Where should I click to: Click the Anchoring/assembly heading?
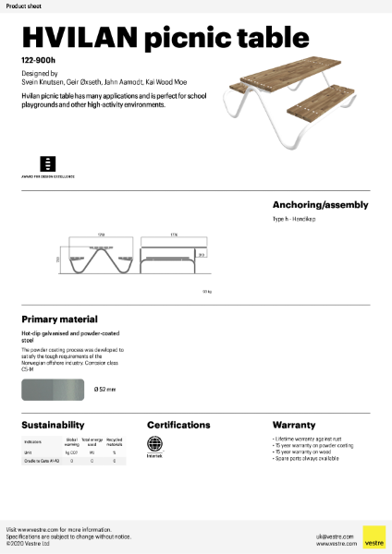pos(320,205)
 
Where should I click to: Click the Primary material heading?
pos(59,319)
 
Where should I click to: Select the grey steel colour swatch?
pos(53,390)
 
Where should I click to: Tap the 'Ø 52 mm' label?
pos(105,390)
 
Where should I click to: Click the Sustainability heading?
pos(54,425)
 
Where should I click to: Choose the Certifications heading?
pos(178,425)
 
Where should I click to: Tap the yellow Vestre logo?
pos(374,537)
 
